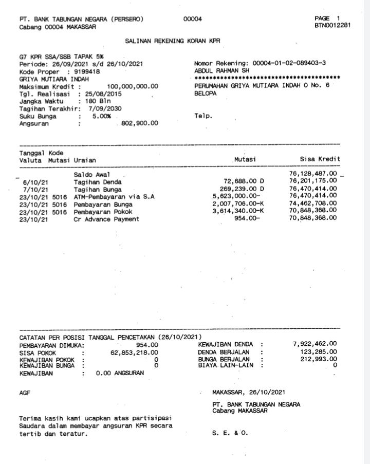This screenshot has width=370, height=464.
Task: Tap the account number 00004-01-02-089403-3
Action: [x=291, y=63]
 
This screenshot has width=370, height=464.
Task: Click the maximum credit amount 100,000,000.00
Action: [x=133, y=86]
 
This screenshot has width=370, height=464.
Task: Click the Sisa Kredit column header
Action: [x=320, y=160]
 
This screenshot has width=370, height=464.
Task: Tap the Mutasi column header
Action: [x=245, y=160]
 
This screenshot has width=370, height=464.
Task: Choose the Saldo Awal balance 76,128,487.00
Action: [x=313, y=175]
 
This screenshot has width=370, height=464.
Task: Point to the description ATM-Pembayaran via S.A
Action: [x=114, y=197]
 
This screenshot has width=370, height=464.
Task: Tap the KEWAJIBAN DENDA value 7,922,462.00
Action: [x=314, y=344]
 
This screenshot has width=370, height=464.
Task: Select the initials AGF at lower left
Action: [x=25, y=393]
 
